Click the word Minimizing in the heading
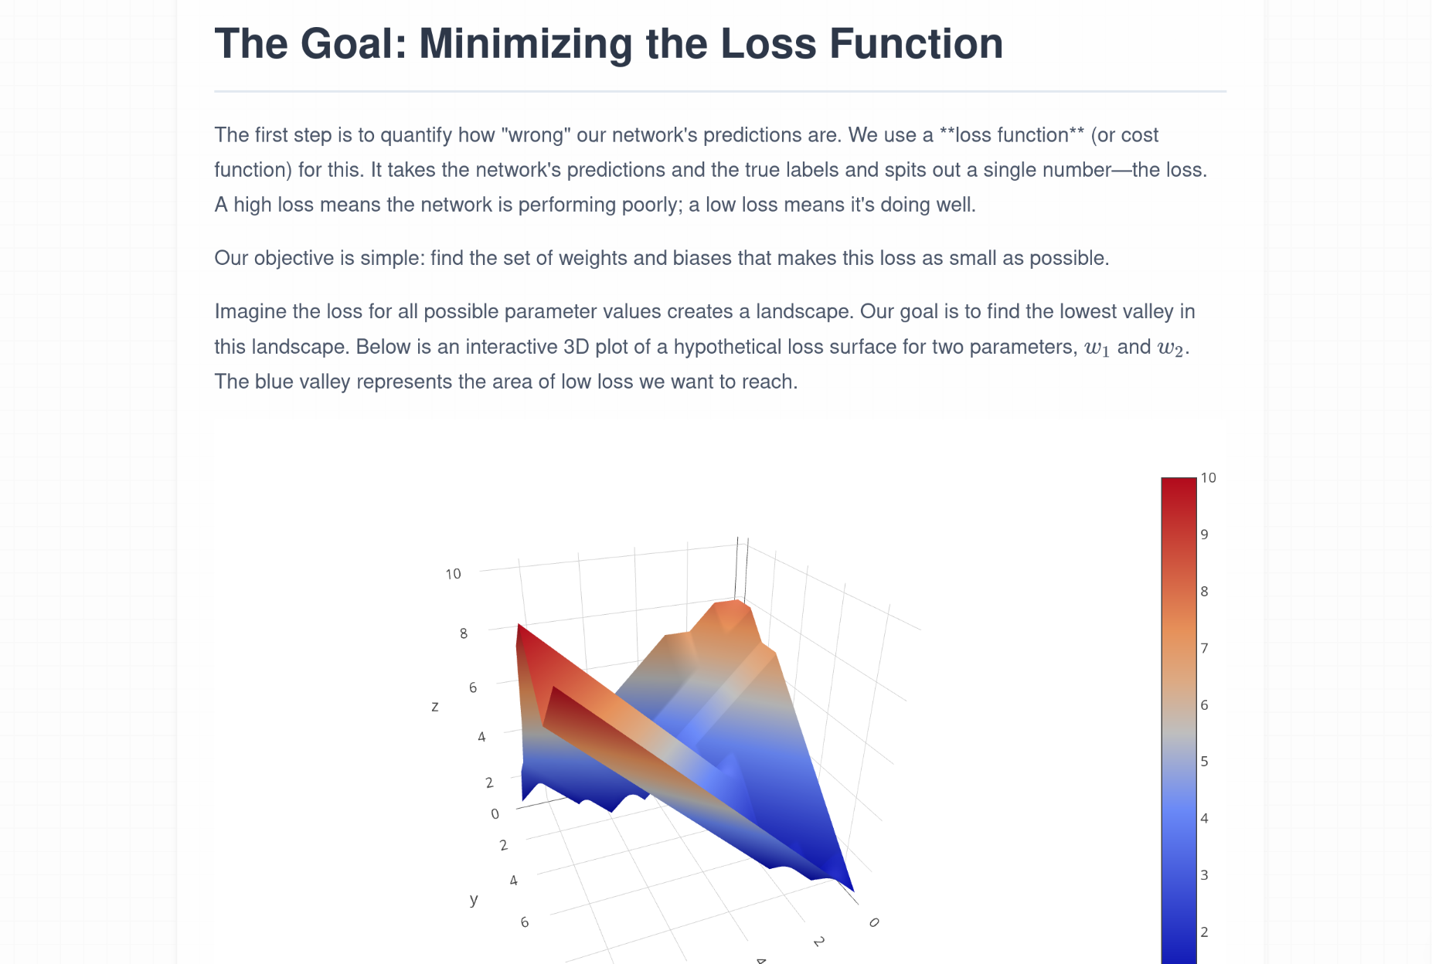coord(526,44)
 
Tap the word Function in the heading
coord(916,43)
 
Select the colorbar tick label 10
coord(1208,477)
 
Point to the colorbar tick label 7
coord(1204,648)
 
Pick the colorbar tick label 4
coord(1204,818)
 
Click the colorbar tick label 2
coord(1204,932)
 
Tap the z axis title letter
coord(435,706)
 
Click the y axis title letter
coord(474,899)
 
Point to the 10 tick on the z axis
coord(453,574)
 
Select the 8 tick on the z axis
coord(464,633)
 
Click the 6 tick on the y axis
coord(525,922)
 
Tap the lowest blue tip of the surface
coord(851,889)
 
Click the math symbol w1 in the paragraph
coord(1097,348)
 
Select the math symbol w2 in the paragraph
coord(1170,348)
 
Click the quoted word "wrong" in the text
coord(536,135)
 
